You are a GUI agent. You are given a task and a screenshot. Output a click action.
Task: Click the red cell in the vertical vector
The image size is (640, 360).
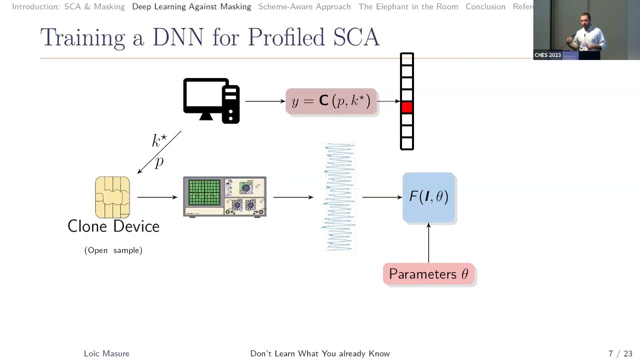pyautogui.click(x=406, y=107)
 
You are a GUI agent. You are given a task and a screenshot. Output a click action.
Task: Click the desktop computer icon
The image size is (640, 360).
pyautogui.click(x=211, y=100)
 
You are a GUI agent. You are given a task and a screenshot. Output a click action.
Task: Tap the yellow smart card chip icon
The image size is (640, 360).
pyautogui.click(x=112, y=197)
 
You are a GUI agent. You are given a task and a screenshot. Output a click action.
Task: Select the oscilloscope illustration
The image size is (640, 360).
pyautogui.click(x=224, y=196)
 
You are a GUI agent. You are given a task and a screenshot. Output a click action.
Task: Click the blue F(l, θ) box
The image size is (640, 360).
pyautogui.click(x=428, y=197)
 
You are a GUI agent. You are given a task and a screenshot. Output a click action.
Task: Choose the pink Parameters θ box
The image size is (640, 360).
pyautogui.click(x=428, y=274)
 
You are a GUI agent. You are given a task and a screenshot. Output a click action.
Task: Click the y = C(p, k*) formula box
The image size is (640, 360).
pyautogui.click(x=331, y=101)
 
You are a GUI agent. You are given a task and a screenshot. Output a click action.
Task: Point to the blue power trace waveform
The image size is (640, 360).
pyautogui.click(x=339, y=197)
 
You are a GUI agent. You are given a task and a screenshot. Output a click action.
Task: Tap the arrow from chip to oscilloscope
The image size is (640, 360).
pyautogui.click(x=156, y=197)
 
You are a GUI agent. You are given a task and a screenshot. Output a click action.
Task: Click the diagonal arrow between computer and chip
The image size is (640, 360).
pyautogui.click(x=159, y=152)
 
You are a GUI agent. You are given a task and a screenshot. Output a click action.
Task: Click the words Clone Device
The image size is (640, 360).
pyautogui.click(x=113, y=226)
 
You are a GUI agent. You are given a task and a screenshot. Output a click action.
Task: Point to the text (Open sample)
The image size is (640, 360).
pyautogui.click(x=113, y=250)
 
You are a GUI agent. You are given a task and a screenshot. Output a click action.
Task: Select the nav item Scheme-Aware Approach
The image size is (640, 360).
pyautogui.click(x=304, y=6)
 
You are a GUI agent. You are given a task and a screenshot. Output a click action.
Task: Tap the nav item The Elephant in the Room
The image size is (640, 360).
pyautogui.click(x=408, y=6)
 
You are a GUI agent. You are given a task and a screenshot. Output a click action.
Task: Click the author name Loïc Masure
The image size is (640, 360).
pyautogui.click(x=106, y=353)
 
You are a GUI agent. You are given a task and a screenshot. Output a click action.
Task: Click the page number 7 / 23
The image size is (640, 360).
pyautogui.click(x=620, y=353)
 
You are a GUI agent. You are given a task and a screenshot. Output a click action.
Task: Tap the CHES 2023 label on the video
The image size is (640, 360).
pyautogui.click(x=547, y=55)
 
